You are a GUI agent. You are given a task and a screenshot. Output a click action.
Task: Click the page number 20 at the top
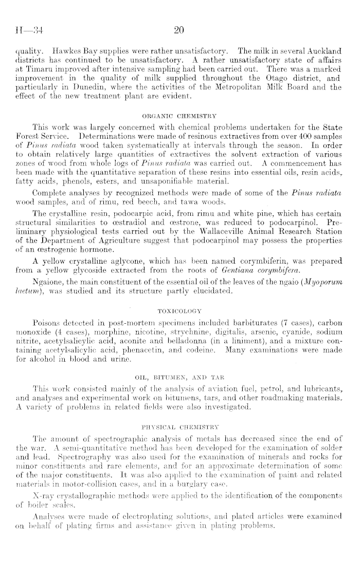179,30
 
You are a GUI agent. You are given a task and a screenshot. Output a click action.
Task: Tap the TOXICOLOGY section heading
179,310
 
